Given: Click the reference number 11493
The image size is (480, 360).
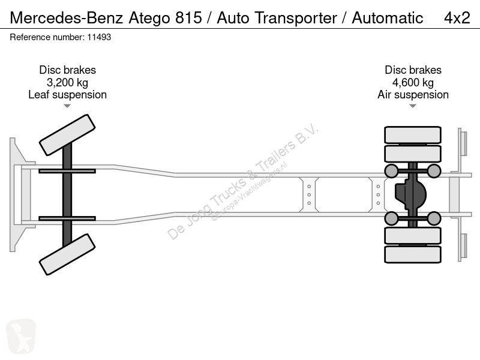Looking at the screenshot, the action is click(x=99, y=37).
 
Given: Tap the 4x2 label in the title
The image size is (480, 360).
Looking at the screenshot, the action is click(x=457, y=18).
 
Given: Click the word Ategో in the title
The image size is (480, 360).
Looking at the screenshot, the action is click(x=149, y=18).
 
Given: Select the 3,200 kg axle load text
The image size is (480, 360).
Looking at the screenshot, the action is click(x=67, y=83).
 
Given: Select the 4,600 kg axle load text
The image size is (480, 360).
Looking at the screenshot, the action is click(x=413, y=83).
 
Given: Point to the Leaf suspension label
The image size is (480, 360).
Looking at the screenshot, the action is click(x=67, y=95).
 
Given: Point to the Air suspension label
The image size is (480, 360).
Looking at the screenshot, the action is click(x=413, y=95).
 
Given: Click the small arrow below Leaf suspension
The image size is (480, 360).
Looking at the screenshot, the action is click(x=67, y=106).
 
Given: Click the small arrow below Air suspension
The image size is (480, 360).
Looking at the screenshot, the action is click(x=413, y=106).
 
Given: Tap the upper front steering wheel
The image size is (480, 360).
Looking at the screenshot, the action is click(x=67, y=135).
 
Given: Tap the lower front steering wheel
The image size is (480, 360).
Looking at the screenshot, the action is click(x=67, y=254).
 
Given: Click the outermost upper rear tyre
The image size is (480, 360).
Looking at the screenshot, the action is click(x=413, y=134).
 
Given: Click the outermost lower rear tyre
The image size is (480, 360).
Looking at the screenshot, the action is click(x=413, y=254).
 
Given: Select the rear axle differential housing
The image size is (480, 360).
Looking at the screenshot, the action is click(x=410, y=194).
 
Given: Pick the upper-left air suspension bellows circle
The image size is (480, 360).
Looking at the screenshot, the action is click(x=391, y=171).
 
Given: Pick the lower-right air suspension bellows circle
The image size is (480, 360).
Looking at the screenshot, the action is click(x=434, y=218).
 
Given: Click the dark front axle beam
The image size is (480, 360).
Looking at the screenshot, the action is click(x=67, y=194).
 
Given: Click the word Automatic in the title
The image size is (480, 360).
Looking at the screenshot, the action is click(x=387, y=18).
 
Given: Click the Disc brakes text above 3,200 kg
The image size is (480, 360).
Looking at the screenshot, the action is click(x=67, y=70).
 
